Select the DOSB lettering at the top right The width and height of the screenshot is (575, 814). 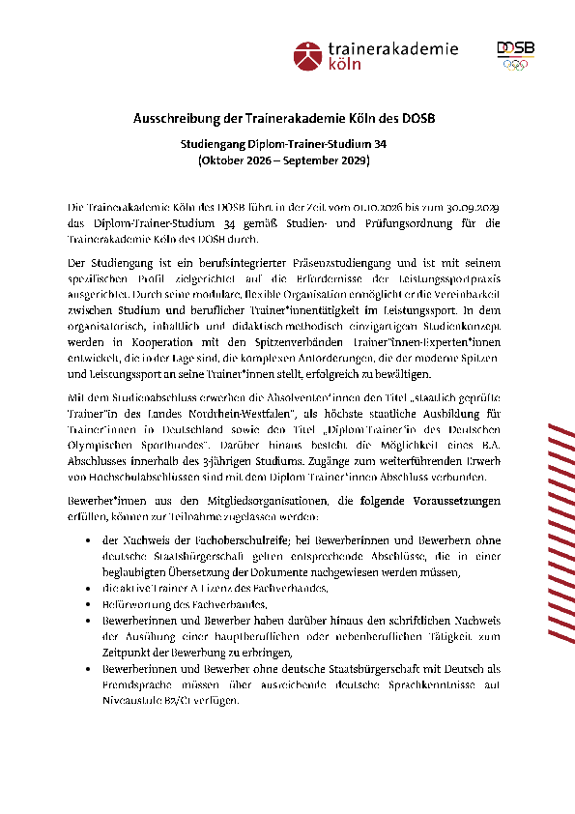pos(511,47)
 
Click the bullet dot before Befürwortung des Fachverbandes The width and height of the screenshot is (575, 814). pos(90,604)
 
